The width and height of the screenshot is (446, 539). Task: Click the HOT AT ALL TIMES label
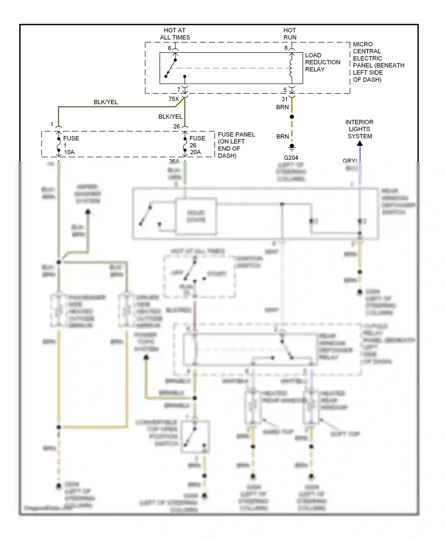click(175, 34)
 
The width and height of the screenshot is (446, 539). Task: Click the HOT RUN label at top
click(290, 34)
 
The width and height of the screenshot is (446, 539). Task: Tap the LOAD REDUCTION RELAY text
click(322, 62)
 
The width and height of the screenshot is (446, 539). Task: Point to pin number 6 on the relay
click(169, 48)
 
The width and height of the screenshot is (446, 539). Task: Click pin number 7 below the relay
click(179, 90)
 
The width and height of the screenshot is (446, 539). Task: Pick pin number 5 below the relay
click(285, 90)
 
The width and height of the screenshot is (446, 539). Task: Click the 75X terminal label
click(174, 99)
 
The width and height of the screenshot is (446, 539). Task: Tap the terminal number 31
click(285, 99)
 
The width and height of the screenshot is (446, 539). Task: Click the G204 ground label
click(291, 158)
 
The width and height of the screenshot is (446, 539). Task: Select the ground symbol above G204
click(292, 147)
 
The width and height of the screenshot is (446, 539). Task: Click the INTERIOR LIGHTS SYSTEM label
click(359, 129)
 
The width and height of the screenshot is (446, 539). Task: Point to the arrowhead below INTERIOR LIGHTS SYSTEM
click(360, 144)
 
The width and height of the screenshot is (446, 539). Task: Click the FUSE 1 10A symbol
click(59, 145)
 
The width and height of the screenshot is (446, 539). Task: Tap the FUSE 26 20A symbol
click(185, 145)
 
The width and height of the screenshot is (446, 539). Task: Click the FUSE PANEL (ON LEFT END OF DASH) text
click(236, 145)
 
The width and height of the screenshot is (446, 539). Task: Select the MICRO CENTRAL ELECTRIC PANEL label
click(378, 62)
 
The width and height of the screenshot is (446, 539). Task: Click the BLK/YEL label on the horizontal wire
click(106, 102)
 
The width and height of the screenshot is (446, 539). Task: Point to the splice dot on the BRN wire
click(292, 117)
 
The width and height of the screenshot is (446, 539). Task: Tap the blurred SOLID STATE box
click(196, 216)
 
